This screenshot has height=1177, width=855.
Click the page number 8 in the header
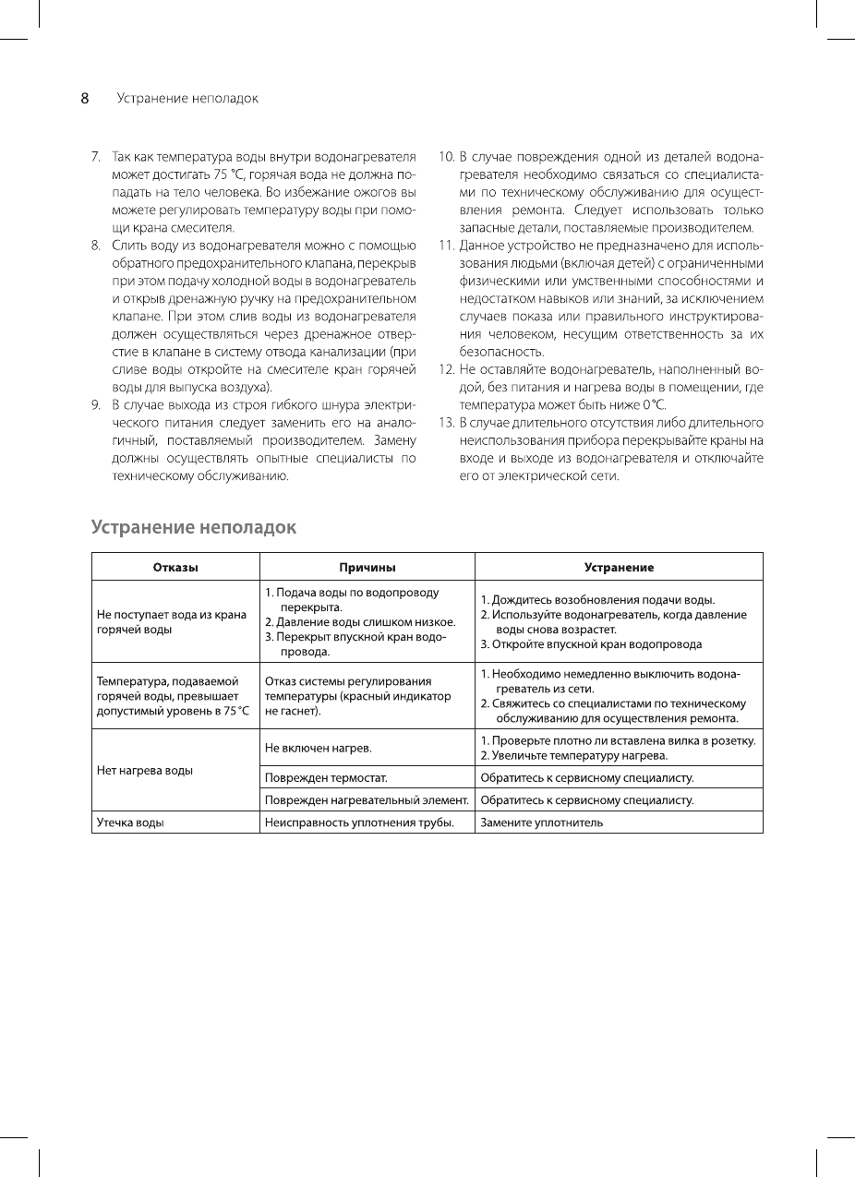(x=84, y=98)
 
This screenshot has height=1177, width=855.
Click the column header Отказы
(x=175, y=567)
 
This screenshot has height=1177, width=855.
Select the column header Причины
(x=367, y=567)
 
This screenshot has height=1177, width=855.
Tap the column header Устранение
(x=619, y=567)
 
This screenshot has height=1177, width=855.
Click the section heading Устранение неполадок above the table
(x=194, y=528)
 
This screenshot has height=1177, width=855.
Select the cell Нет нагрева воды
(x=145, y=771)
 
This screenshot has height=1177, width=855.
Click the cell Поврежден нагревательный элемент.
(x=367, y=799)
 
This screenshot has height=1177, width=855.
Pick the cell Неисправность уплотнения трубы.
(x=360, y=822)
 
